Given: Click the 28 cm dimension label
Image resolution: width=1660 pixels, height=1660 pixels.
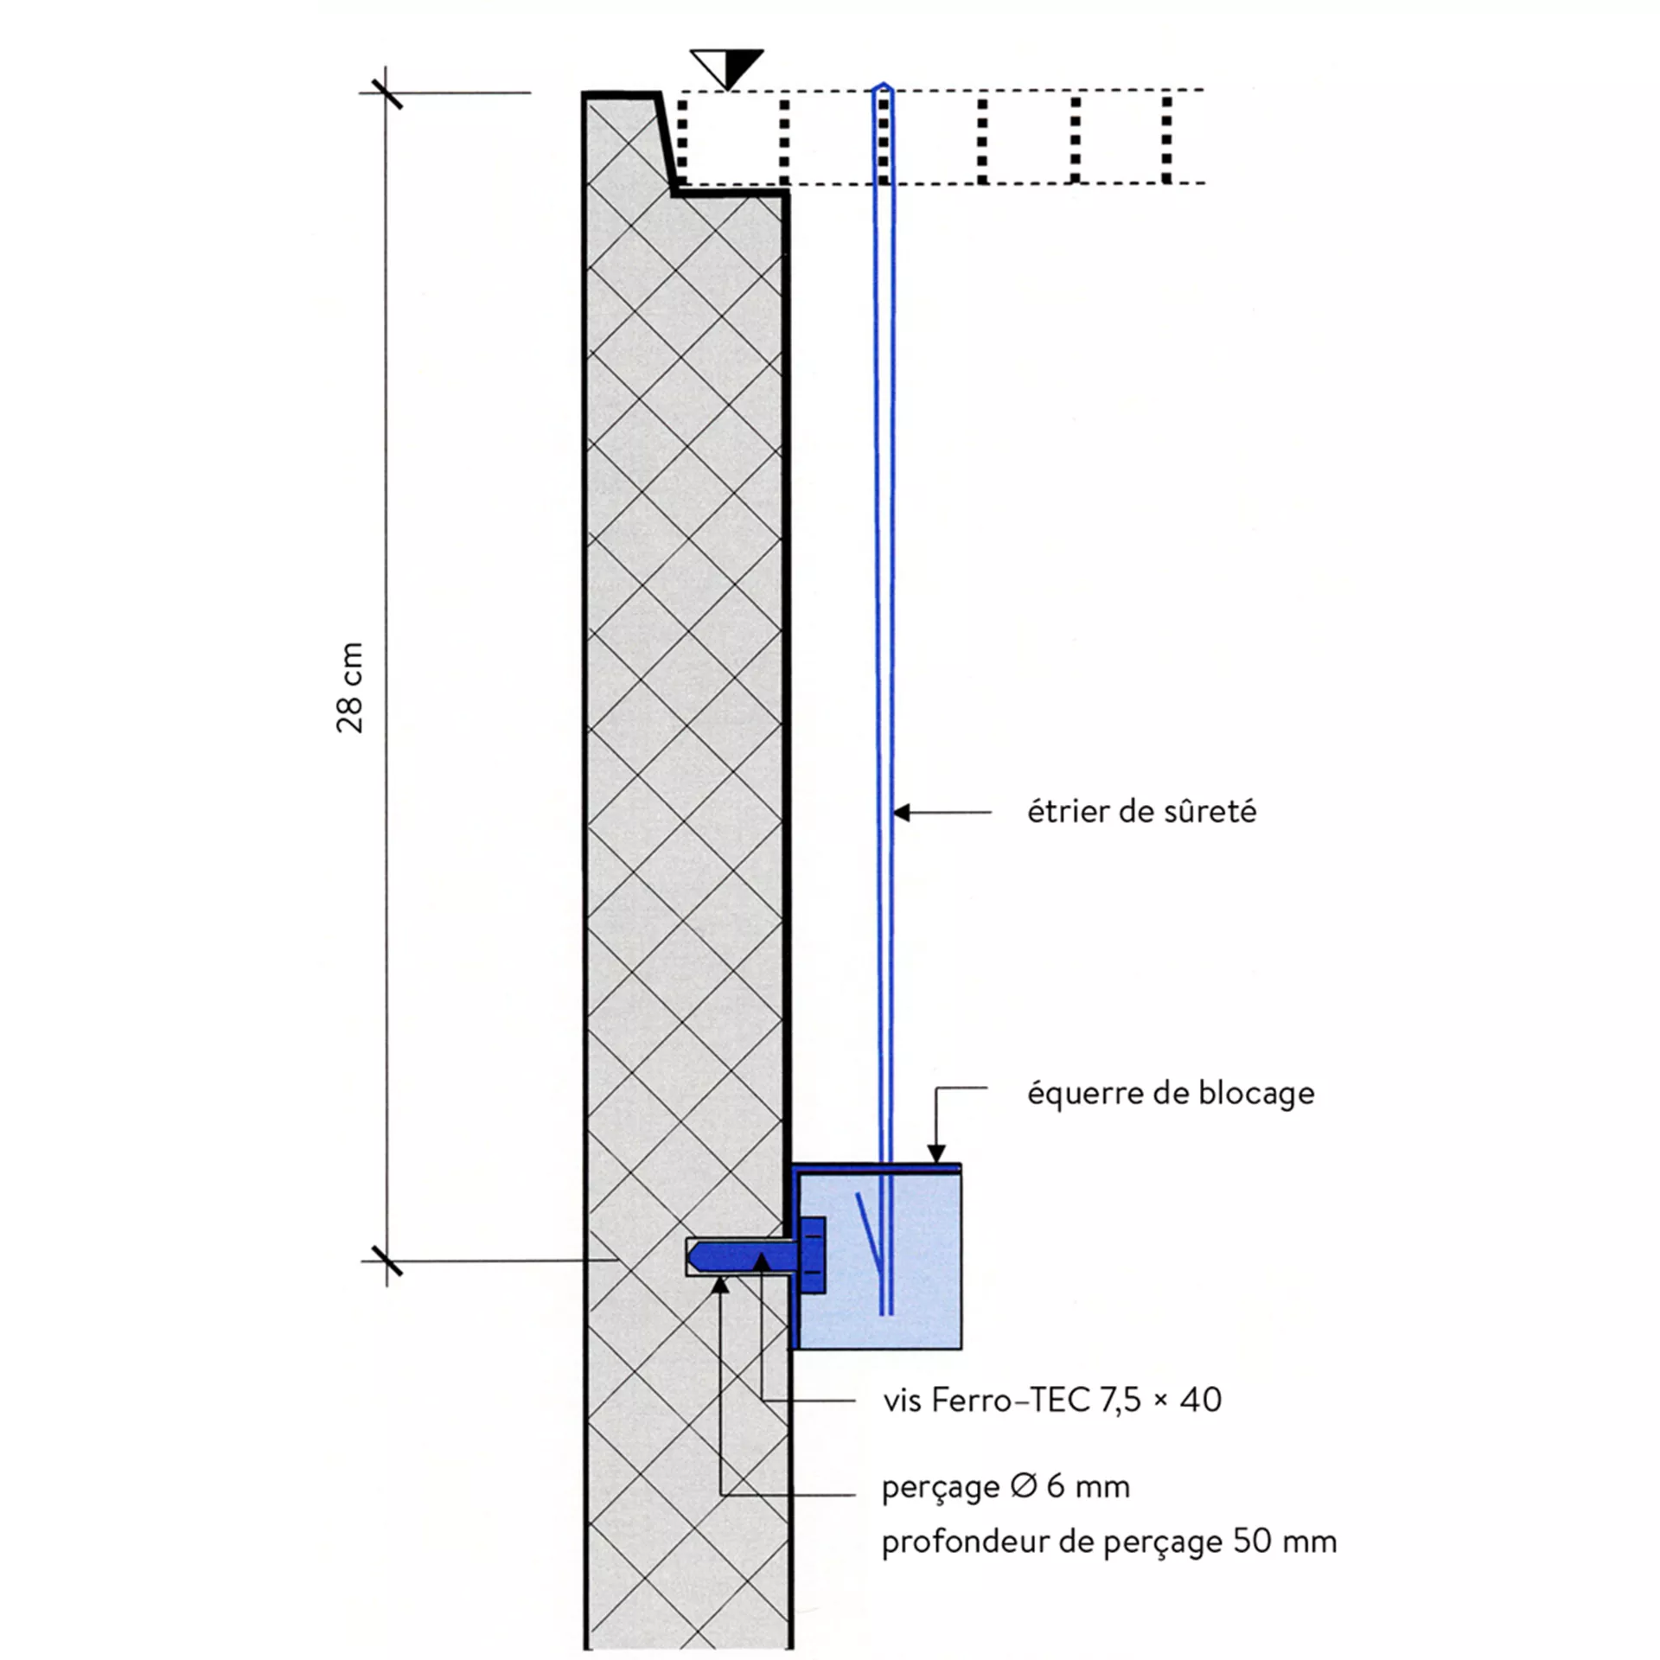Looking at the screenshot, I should [x=350, y=688].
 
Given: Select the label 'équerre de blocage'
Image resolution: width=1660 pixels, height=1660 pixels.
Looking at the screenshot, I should [x=1171, y=1094].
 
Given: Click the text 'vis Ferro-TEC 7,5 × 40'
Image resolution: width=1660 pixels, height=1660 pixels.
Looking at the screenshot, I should [x=1052, y=1400].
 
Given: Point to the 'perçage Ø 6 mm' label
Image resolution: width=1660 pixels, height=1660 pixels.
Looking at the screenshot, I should [x=1006, y=1487].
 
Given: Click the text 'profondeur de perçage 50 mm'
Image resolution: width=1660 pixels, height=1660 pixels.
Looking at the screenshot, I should [x=1108, y=1542].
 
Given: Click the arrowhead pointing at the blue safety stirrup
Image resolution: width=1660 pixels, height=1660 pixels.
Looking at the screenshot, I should [x=902, y=813].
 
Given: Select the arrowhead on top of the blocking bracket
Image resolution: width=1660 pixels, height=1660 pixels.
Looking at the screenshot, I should [x=936, y=1154].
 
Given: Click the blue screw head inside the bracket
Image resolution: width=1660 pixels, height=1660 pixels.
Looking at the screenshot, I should [x=813, y=1255].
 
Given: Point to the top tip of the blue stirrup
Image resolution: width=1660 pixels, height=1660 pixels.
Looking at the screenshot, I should [x=883, y=86].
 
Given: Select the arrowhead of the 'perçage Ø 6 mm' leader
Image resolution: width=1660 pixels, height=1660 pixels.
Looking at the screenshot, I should [x=720, y=1286].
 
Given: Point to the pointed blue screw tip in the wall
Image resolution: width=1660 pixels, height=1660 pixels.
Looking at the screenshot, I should [x=698, y=1255].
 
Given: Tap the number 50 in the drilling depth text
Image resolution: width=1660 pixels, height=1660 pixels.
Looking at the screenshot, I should [x=1251, y=1542].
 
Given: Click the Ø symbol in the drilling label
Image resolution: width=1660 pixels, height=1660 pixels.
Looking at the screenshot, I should [x=1023, y=1487].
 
